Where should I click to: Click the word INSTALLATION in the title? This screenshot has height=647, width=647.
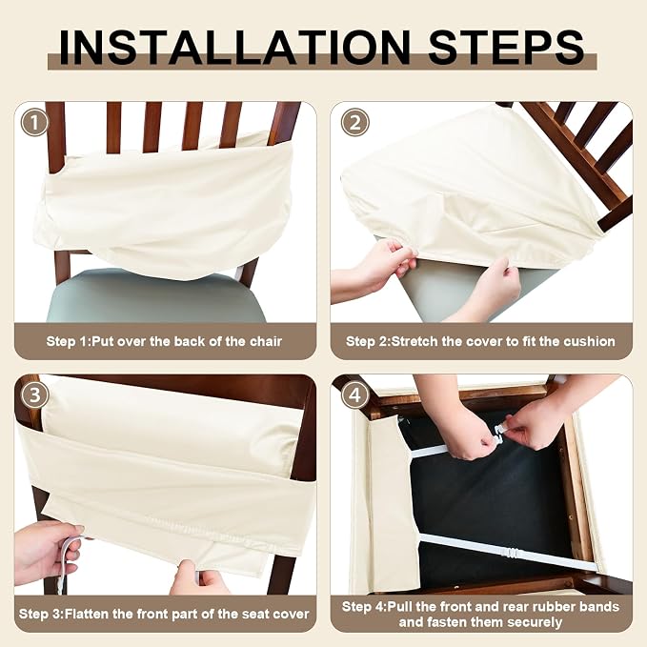coord(234,48)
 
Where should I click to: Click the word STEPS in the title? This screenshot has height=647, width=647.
coord(506,48)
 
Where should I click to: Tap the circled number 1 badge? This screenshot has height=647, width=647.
coord(34,122)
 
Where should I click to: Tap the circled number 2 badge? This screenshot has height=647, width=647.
coord(354,122)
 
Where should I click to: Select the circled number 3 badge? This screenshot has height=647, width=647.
coord(34,394)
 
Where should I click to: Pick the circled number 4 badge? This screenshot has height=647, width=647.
coord(354,394)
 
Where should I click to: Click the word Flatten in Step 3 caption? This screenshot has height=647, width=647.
coord(87,614)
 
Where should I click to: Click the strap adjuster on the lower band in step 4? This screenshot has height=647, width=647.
coord(512,552)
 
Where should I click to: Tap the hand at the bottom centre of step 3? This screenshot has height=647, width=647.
coord(199,577)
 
